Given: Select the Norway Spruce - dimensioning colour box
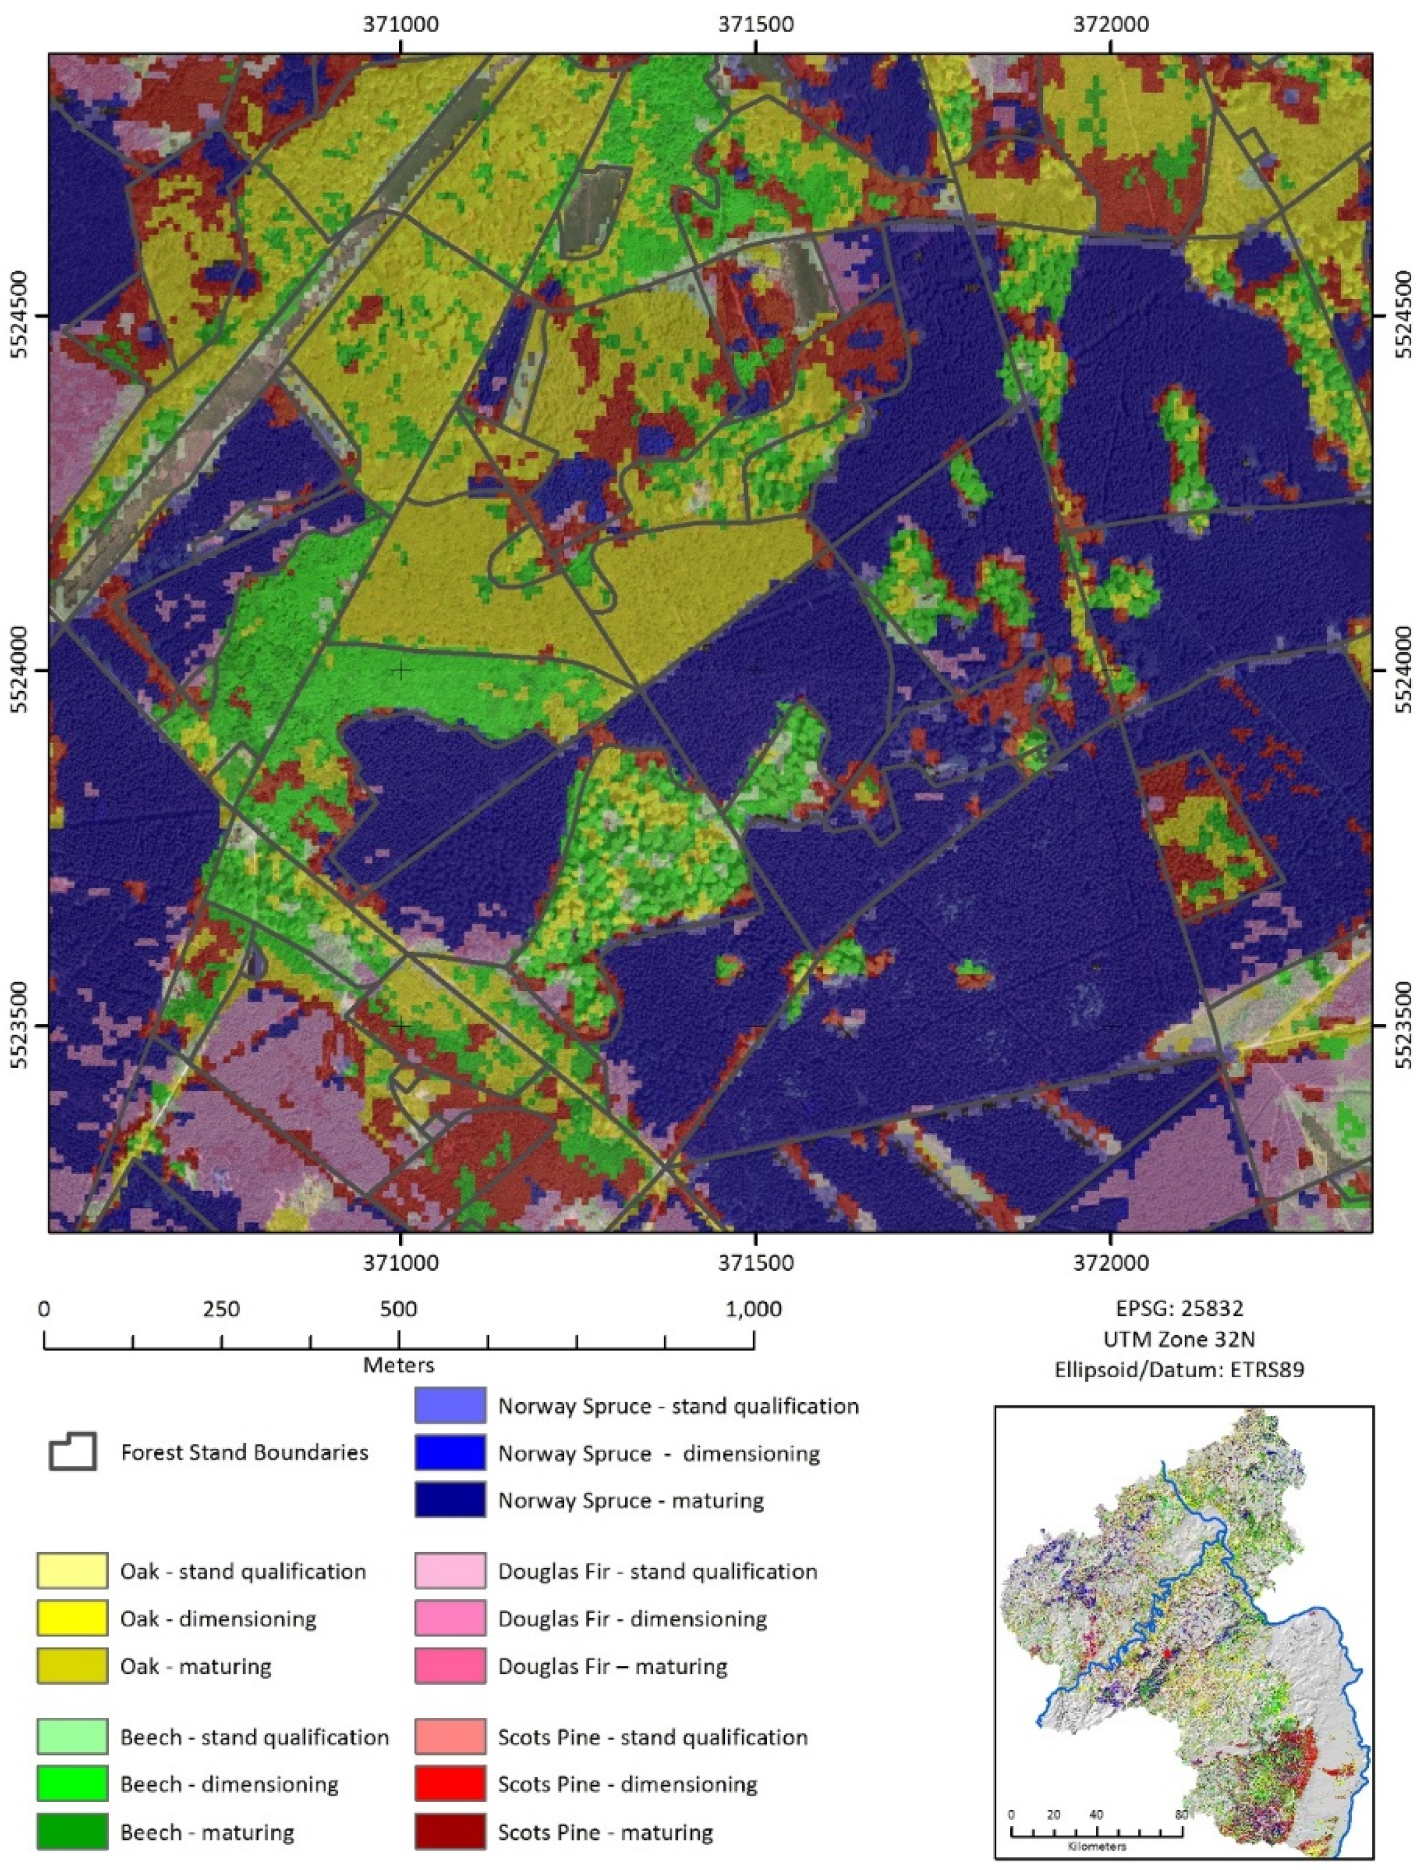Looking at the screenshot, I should point(449,1453).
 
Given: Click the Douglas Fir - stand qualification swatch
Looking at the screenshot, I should point(449,1571).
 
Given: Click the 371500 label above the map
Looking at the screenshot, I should point(755,24).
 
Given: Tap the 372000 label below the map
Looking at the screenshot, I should point(1110,1262).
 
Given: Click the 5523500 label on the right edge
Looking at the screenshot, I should point(1403,1026).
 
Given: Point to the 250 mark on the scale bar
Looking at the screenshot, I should point(221,1309).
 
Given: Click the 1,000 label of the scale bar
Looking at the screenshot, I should point(754,1309).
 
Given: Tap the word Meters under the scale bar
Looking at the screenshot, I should point(398,1365).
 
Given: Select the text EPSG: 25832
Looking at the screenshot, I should point(1179,1308).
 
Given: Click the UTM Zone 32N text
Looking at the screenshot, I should point(1179,1338).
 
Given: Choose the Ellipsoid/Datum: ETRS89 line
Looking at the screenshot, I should point(1179,1369).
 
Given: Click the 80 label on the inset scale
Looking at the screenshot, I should point(1181,1815).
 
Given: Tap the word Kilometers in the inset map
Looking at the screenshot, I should point(1097,1846).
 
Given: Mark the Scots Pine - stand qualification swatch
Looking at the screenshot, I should point(449,1736).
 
